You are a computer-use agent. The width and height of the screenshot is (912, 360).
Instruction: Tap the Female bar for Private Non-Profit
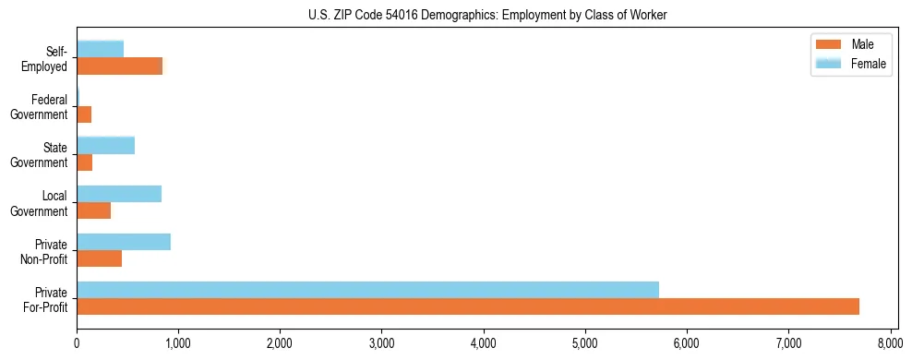coord(124,242)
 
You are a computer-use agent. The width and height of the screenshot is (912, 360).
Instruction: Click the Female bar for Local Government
coord(119,194)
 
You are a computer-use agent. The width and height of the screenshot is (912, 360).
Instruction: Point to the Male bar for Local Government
coord(94,210)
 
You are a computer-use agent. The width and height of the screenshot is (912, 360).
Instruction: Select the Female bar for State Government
coord(106,145)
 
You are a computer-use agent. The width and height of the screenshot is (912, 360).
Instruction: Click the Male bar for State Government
coord(85,162)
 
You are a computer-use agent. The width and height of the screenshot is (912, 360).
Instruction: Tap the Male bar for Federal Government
coord(84,114)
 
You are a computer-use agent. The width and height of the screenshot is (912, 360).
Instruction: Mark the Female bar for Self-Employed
coord(101,49)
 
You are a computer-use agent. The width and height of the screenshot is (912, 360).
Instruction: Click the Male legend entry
coord(849,44)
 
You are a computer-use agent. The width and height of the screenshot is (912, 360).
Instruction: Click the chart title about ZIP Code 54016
coord(487,16)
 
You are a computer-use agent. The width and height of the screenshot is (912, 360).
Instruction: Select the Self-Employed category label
coord(50,58)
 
